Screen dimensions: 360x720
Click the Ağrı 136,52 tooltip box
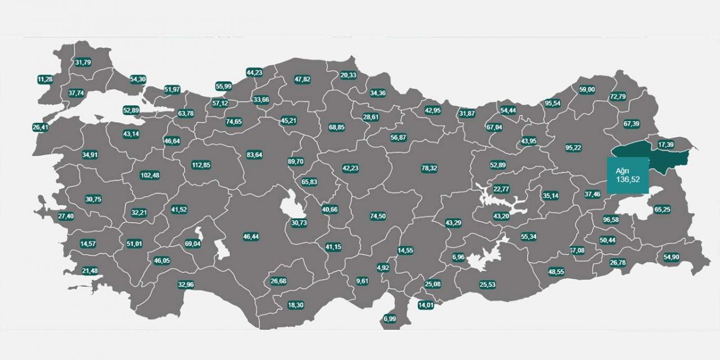[628, 175]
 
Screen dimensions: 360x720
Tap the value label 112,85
[201, 165]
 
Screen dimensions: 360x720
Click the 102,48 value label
[150, 175]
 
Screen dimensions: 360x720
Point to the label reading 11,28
[45, 79]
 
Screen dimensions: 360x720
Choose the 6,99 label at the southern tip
[390, 319]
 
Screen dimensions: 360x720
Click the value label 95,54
[553, 103]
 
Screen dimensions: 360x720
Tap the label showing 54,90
[672, 257]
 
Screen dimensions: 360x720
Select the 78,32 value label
[429, 168]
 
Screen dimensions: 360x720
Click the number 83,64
[254, 155]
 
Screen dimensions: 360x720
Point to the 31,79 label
[83, 62]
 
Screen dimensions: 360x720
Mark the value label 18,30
[295, 305]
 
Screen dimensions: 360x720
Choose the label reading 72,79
[617, 97]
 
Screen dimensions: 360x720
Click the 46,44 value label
[251, 237]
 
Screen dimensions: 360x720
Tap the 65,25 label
[662, 209]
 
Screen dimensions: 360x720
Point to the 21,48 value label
[89, 271]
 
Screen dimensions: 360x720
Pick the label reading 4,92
[383, 267]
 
